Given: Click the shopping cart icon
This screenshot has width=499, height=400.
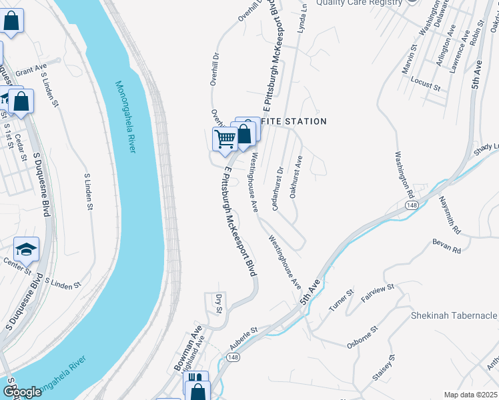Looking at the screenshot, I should tap(225, 139).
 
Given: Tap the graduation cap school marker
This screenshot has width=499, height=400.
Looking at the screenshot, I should tap(26, 249).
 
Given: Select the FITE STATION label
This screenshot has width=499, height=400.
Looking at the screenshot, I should tap(294, 121).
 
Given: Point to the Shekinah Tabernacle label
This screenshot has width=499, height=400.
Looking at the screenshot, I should tap(454, 315).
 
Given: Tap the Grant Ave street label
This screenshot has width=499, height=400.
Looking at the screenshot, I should tap(31, 69).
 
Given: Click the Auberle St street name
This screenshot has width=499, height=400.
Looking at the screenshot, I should tap(243, 339).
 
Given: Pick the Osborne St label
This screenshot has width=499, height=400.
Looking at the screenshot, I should tap(362, 337).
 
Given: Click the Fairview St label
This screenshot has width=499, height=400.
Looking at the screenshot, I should tap(378, 293).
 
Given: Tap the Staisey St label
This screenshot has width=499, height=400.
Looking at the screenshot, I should tap(386, 368).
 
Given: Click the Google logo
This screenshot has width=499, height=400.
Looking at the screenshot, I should tap(21, 392).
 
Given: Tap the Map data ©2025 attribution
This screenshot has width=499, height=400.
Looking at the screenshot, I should tap(470, 395).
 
